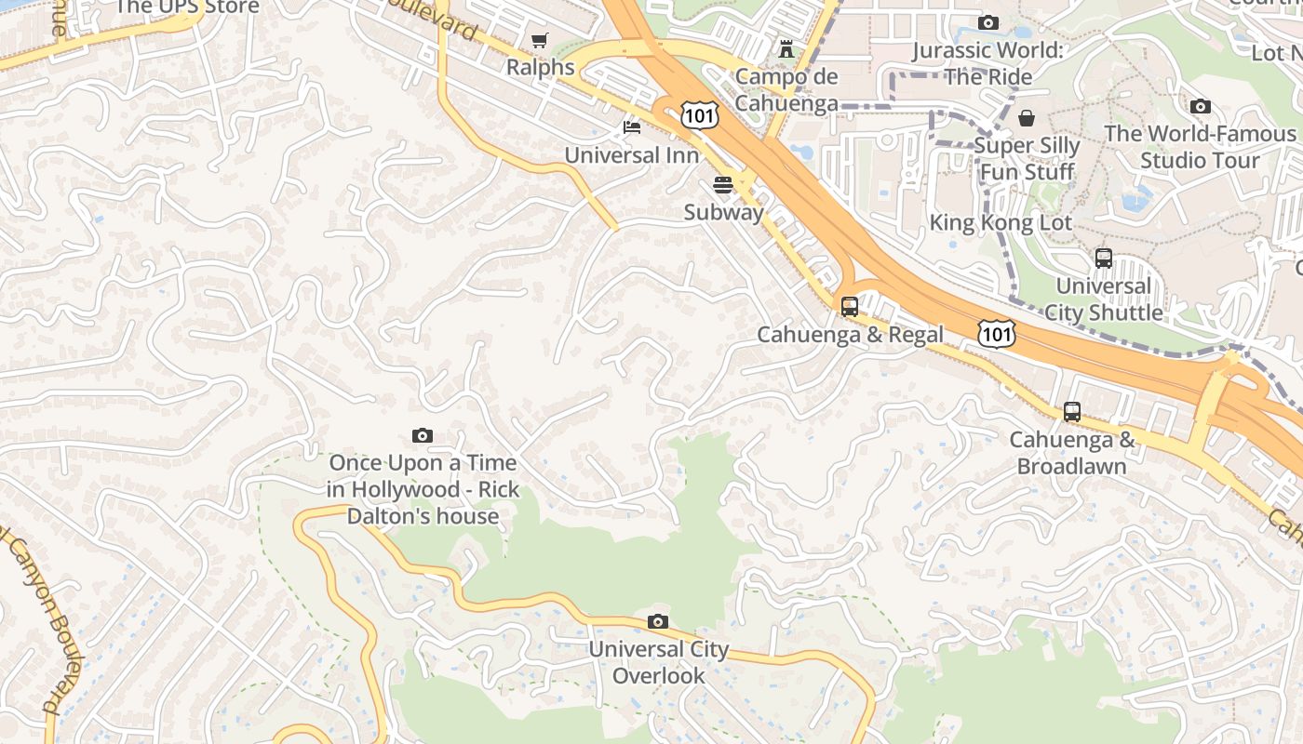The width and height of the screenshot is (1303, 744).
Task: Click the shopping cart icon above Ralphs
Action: pos(539,40)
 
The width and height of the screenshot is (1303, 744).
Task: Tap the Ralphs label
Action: pos(540,67)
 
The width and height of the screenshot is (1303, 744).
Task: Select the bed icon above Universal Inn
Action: pos(632,126)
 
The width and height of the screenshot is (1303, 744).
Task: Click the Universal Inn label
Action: pos(631,154)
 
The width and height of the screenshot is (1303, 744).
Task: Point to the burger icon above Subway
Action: pos(723,184)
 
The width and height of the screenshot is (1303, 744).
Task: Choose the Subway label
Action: pos(723,212)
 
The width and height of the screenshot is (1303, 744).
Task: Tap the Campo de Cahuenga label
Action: pos(786,89)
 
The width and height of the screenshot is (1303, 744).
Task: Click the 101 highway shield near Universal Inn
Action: pos(698,115)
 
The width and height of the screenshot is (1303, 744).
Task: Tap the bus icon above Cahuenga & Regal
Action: pos(850,306)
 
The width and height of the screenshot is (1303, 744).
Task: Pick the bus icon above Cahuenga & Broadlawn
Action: pos(1072,411)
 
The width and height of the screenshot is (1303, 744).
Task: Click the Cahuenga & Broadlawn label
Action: pos(1072,452)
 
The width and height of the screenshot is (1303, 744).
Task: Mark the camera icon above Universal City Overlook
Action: pos(658,621)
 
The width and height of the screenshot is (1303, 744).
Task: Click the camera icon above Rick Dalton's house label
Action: pos(423,435)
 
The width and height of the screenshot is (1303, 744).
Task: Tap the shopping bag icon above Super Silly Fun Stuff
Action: pos(1027,118)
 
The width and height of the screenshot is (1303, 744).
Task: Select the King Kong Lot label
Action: pos(1001,223)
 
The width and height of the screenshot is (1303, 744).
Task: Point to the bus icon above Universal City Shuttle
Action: pos(1104,258)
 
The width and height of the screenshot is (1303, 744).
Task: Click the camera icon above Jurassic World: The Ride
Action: pos(988,22)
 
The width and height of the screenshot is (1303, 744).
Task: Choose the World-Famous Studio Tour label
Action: pos(1200,147)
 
